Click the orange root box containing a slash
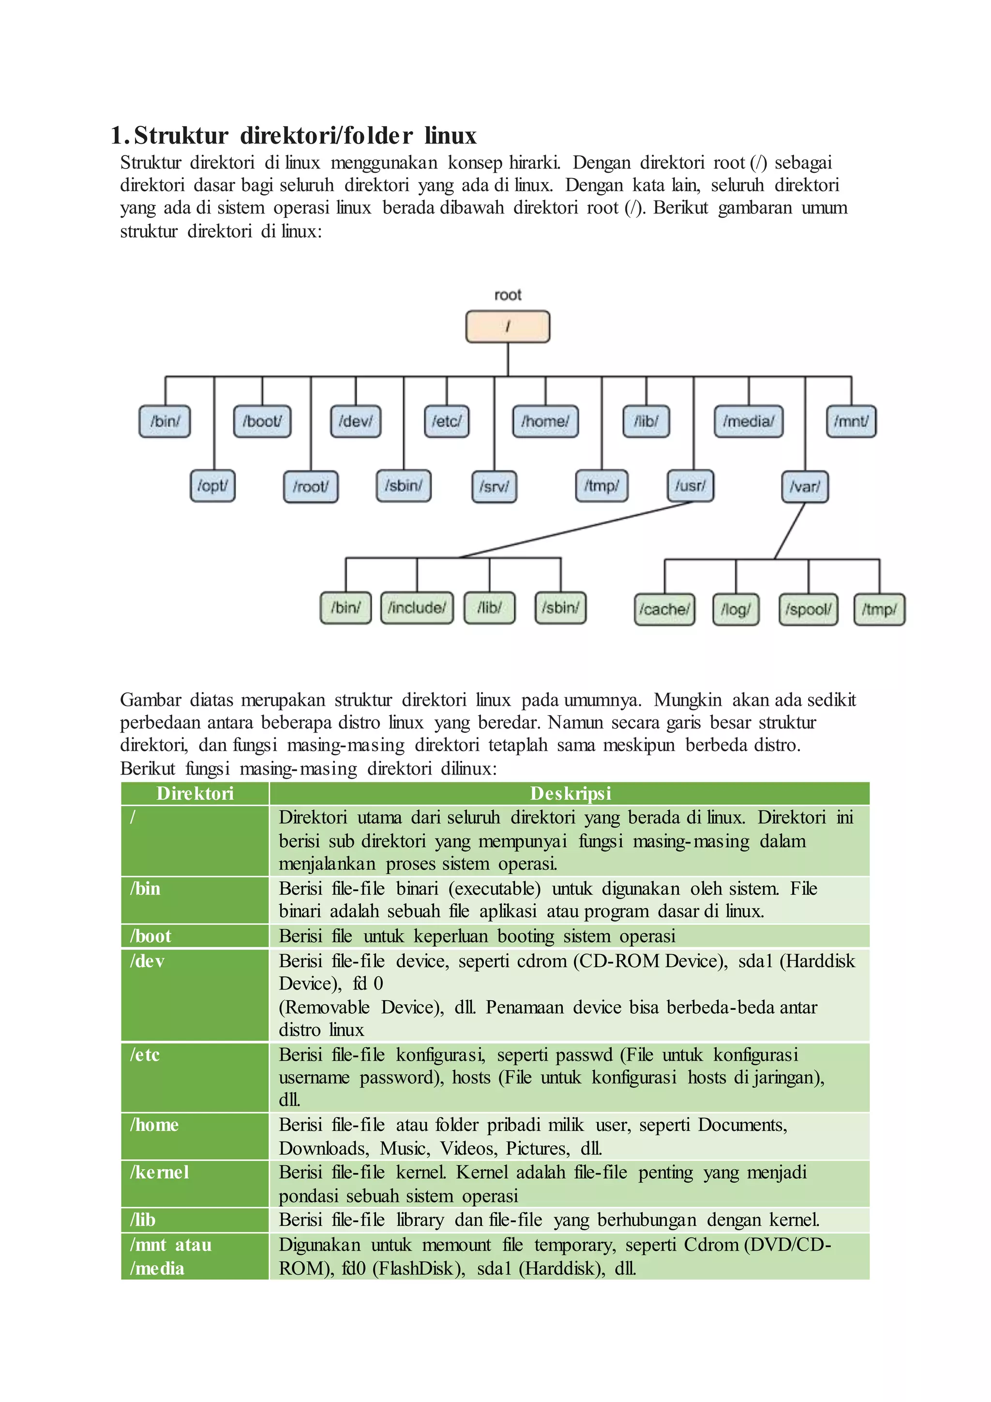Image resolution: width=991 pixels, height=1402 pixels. click(x=508, y=327)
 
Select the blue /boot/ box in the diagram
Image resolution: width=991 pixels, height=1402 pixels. click(x=262, y=421)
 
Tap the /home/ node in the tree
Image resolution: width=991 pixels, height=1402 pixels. click(x=545, y=421)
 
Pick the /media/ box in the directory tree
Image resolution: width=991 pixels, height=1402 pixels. click(x=749, y=421)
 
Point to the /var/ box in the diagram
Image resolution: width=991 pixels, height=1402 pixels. click(x=805, y=487)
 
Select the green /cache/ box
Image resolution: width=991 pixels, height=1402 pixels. click(x=664, y=610)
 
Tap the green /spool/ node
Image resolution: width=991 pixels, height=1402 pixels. click(x=809, y=610)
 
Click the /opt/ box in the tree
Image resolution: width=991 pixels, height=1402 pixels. click(x=212, y=486)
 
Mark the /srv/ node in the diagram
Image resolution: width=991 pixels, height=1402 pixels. click(x=494, y=487)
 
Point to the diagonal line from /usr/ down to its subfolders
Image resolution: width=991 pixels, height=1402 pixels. click(x=575, y=530)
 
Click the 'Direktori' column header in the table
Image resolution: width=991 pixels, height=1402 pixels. click(x=195, y=793)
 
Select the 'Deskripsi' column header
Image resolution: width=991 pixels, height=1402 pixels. click(x=570, y=793)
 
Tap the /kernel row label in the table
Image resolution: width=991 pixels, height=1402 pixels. click(x=159, y=1173)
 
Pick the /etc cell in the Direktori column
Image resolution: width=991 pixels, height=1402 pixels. click(x=145, y=1054)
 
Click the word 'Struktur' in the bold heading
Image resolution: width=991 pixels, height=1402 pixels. click(x=181, y=136)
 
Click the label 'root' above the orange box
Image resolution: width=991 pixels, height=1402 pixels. click(x=508, y=295)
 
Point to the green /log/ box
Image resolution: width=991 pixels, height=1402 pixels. click(x=736, y=610)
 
